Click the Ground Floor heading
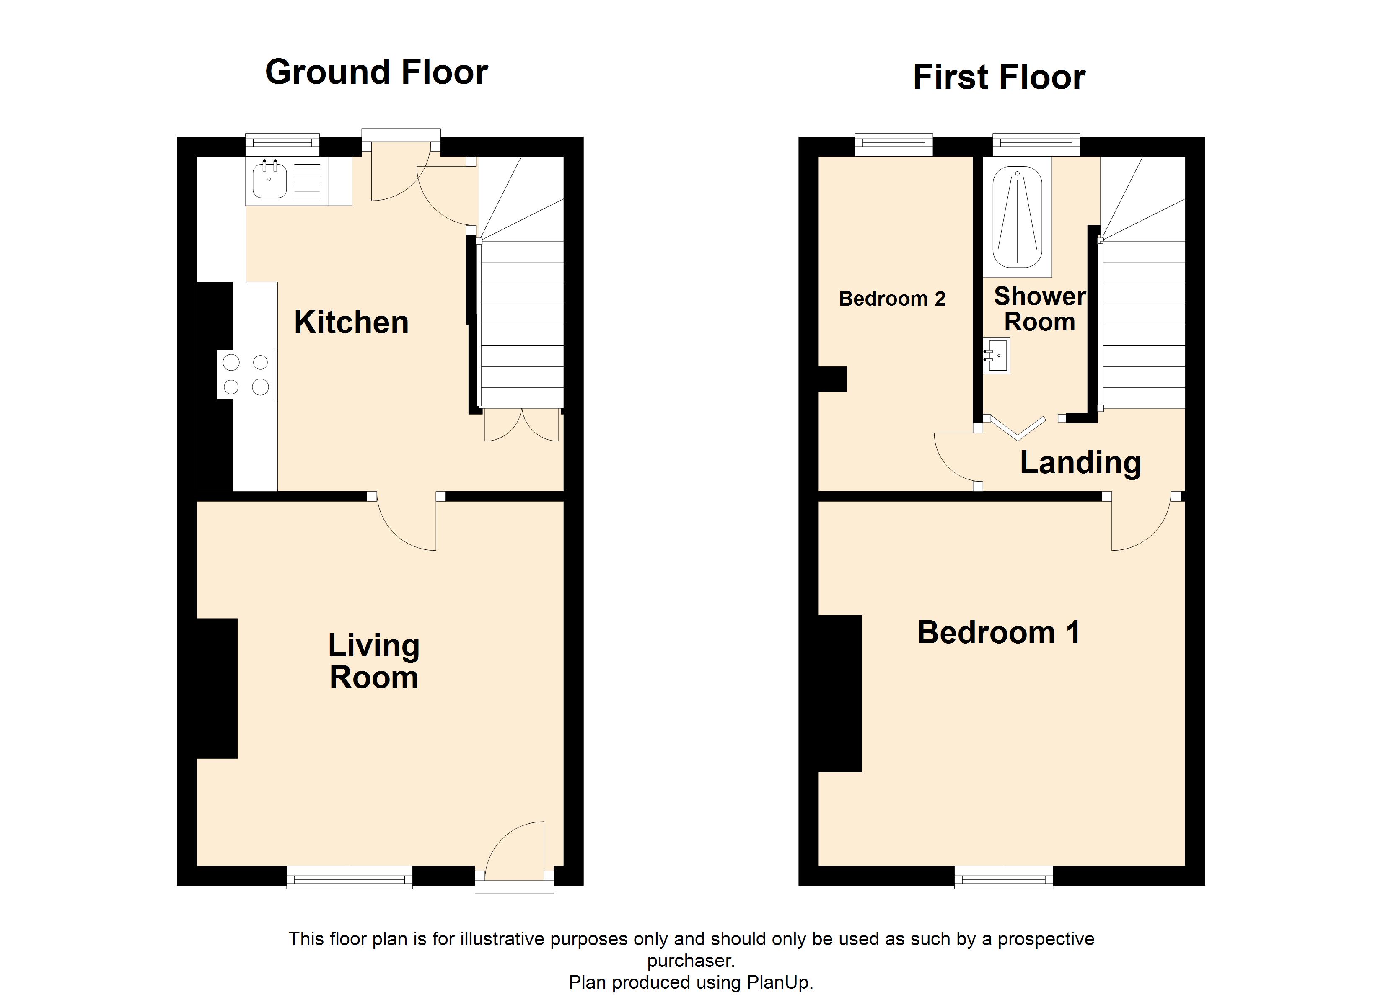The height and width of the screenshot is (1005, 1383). click(x=376, y=72)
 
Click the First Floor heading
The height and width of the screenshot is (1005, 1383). click(x=999, y=77)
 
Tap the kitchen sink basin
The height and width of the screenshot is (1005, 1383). click(x=269, y=180)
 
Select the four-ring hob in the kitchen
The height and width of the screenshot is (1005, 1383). click(x=246, y=375)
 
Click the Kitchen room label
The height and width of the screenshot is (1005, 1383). click(x=351, y=322)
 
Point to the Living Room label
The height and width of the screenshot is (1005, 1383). click(x=374, y=661)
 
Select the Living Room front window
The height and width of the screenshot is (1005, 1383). click(x=350, y=878)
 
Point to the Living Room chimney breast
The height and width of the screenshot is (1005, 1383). click(x=217, y=689)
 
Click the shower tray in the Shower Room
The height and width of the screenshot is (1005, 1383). click(x=1017, y=218)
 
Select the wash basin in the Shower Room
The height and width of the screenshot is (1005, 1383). click(x=997, y=356)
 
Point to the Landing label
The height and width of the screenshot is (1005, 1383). click(x=1080, y=463)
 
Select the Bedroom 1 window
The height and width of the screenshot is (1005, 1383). click(x=1003, y=878)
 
